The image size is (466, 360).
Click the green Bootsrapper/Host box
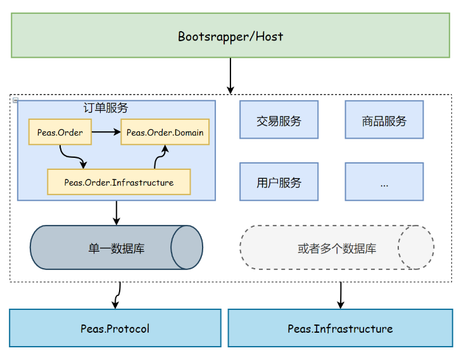[230, 36]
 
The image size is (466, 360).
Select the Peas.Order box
[60, 132]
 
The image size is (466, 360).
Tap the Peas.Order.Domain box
[165, 132]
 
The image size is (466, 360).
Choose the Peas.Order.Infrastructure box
[118, 182]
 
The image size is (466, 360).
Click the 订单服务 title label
[106, 108]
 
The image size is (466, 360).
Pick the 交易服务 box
[279, 120]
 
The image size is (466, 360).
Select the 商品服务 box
[384, 120]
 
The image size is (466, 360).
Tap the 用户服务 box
[279, 183]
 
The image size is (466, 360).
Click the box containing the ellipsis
[384, 183]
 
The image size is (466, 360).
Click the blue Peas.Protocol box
[115, 328]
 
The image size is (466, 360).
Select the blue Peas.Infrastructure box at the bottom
[340, 328]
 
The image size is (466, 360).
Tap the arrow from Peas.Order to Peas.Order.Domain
[106, 132]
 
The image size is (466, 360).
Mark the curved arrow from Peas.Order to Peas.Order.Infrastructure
[72, 156]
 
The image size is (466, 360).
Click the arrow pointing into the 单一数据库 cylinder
[116, 212]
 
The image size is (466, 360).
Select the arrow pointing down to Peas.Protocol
[118, 295]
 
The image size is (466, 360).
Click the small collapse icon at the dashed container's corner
[15, 100]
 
